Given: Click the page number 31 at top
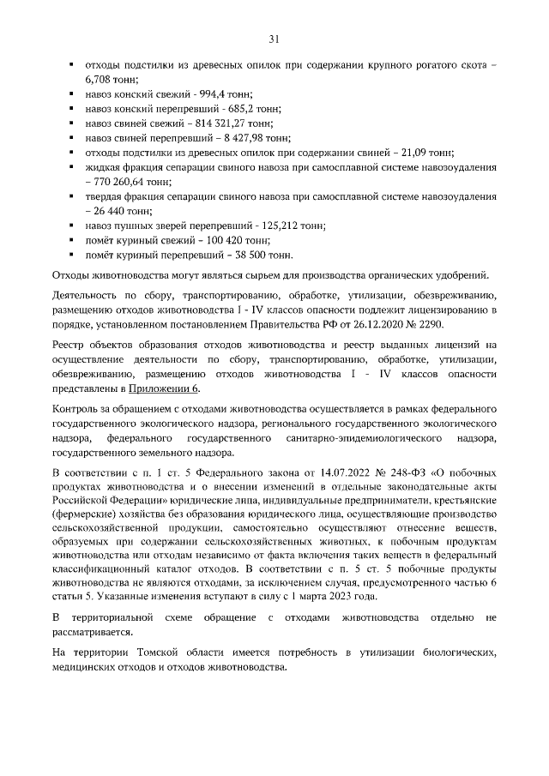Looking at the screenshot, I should pyautogui.click(x=274, y=39).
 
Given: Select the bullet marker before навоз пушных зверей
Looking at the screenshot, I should pyautogui.click(x=71, y=226).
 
